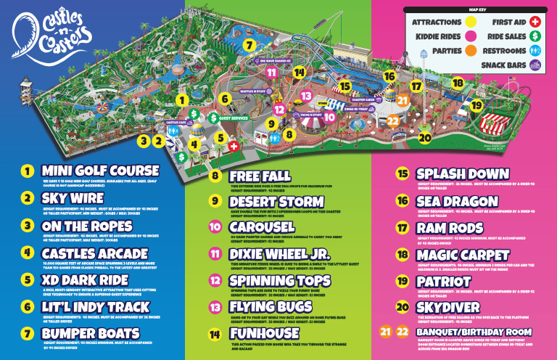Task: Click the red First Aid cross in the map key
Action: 535,22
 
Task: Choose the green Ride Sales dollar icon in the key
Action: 535,36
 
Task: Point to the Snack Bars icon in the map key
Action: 535,65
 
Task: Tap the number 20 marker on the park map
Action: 425,136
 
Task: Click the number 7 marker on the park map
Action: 249,45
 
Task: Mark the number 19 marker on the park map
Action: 476,105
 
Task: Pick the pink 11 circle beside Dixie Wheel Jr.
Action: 215,254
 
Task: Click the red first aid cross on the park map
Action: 234,146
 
